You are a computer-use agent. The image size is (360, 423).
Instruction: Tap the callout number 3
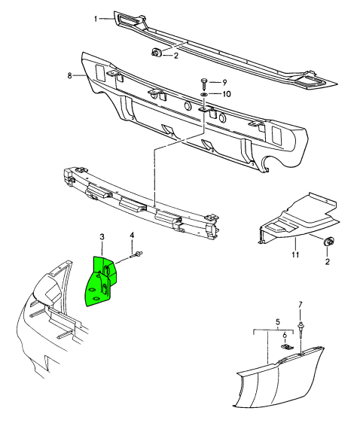point(102,238)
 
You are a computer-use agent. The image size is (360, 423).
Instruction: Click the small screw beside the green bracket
point(140,256)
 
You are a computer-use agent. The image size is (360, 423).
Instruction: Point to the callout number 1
point(96,19)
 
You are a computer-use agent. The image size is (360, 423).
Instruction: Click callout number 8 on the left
point(70,75)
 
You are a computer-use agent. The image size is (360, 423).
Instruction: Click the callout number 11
point(295,255)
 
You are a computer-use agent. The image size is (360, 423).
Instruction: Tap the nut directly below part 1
point(156,53)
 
